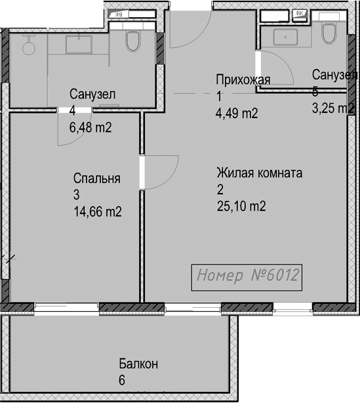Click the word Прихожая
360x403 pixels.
pyautogui.click(x=243, y=80)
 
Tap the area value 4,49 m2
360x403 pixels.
pyautogui.click(x=237, y=113)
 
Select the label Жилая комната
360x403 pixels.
pyautogui.click(x=259, y=173)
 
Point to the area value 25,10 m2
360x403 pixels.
pyautogui.click(x=241, y=206)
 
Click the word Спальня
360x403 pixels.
pyautogui.click(x=97, y=178)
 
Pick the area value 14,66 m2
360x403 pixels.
pyautogui.click(x=98, y=211)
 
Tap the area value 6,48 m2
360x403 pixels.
pyautogui.click(x=90, y=127)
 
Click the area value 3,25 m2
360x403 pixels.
pyautogui.click(x=333, y=108)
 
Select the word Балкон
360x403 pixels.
pyautogui.click(x=138, y=364)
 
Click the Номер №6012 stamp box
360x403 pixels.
pyautogui.click(x=247, y=278)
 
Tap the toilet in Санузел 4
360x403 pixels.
pyautogui.click(x=132, y=41)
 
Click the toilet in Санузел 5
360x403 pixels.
pyautogui.click(x=329, y=33)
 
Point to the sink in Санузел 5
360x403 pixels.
pyautogui.click(x=285, y=37)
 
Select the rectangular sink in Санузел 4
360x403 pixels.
pyautogui.click(x=79, y=45)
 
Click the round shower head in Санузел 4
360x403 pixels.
pyautogui.click(x=28, y=48)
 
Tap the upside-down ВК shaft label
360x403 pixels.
pyautogui.click(x=119, y=14)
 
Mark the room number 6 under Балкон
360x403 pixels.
pyautogui.click(x=122, y=381)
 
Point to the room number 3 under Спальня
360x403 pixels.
pyautogui.click(x=77, y=195)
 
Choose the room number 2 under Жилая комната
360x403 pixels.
pyautogui.click(x=220, y=190)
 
